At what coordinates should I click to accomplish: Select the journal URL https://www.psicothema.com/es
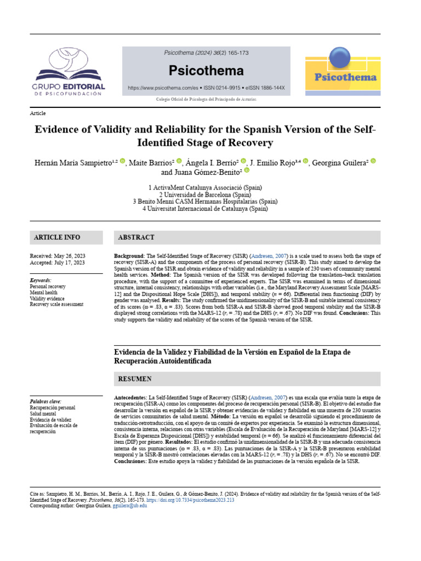162,88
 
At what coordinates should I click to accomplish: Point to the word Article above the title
38,113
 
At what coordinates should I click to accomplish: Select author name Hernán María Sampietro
74,162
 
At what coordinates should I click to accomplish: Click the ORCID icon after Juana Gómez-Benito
246,170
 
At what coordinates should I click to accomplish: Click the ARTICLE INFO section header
57,237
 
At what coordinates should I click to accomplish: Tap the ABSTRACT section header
136,238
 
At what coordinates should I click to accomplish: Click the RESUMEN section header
135,379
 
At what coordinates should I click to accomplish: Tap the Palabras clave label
45,402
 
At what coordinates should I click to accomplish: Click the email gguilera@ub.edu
130,506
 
